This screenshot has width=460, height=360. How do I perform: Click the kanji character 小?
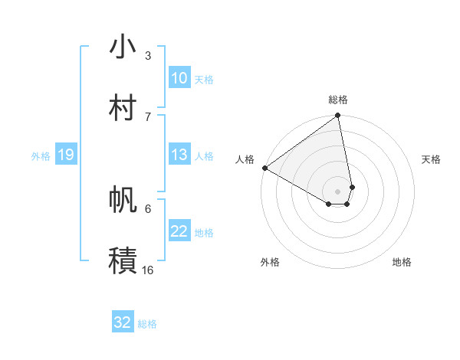[123, 47]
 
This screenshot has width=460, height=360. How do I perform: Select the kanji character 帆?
[123, 200]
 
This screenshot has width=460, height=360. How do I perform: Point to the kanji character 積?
[123, 260]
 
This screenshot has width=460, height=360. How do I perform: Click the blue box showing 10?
[179, 78]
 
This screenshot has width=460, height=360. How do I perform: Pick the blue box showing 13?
[179, 155]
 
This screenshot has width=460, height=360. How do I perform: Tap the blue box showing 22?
[179, 231]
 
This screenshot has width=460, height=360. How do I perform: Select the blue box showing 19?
[65, 155]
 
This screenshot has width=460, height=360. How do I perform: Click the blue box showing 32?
[122, 322]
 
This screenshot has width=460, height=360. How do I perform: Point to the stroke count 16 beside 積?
[148, 270]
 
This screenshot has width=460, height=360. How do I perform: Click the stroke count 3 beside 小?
[148, 55]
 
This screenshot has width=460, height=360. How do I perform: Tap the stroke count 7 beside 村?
[148, 116]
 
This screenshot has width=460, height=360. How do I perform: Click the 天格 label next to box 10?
[204, 79]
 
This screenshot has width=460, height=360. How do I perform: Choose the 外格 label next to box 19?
[41, 155]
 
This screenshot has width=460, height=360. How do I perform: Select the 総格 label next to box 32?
[147, 323]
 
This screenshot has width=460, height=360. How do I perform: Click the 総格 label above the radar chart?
[338, 99]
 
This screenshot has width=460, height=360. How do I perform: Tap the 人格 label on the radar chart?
[245, 159]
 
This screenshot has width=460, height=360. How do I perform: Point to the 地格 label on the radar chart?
[402, 262]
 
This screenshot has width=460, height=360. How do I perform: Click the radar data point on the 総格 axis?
[338, 116]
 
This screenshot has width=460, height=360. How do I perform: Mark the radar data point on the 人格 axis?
[264, 168]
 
